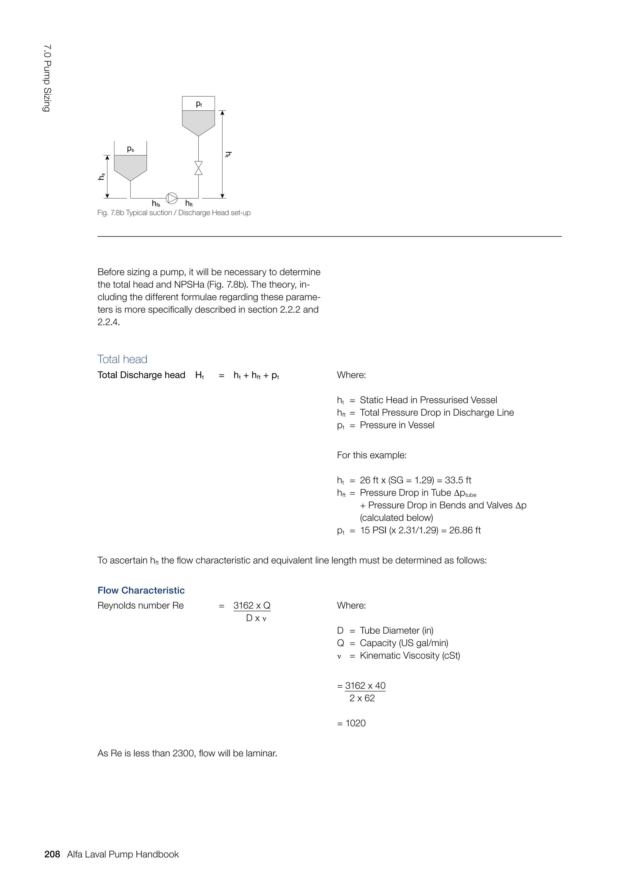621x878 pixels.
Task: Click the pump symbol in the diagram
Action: point(171,198)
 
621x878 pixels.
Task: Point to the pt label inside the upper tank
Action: point(199,104)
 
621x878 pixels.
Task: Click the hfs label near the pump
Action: point(156,203)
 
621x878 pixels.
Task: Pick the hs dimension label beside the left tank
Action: point(101,176)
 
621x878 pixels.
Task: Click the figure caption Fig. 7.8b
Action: point(174,213)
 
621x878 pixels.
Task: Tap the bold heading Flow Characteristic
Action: point(141,590)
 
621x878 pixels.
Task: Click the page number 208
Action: point(52,854)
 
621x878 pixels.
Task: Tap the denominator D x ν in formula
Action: point(256,618)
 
